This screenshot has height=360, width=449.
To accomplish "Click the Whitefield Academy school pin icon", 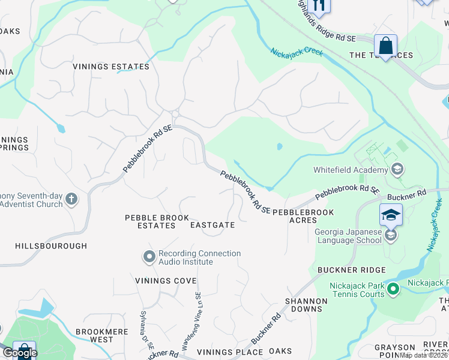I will (396, 170).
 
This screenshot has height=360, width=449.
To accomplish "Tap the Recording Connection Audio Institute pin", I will (149, 257).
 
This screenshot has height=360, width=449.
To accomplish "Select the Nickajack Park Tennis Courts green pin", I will (393, 290).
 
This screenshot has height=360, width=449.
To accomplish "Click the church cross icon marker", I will (71, 199).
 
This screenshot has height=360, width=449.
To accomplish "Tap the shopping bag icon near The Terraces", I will (385, 45).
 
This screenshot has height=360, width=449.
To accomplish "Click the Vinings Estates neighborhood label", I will (111, 67).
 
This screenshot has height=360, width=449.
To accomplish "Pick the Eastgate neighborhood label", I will (212, 225).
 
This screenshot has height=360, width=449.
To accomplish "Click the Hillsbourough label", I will (51, 246).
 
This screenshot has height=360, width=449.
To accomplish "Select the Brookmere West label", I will (94, 335).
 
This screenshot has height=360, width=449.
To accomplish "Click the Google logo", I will (19, 353).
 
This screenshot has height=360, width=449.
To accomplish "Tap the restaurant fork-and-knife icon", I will (319, 5).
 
